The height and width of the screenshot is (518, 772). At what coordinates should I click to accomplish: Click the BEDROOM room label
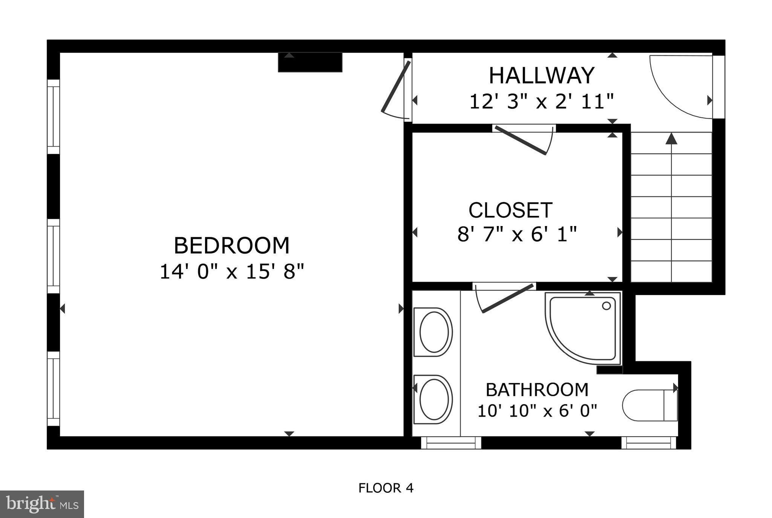pos(231,246)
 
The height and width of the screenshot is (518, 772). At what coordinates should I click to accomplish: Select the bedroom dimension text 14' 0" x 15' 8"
pos(231,272)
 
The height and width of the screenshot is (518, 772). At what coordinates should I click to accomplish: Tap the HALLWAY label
pos(541,75)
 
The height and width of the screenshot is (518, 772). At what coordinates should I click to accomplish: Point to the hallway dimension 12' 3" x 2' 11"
pos(541,102)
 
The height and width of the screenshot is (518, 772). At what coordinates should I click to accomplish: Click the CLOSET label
pos(510,210)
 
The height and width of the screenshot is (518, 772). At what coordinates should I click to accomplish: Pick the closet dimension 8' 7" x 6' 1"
pos(517,234)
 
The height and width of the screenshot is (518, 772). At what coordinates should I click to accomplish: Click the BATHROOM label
pos(537,390)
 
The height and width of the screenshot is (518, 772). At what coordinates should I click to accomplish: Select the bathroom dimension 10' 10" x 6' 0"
pos(537,411)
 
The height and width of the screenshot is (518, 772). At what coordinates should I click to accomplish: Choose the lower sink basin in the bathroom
pos(433,399)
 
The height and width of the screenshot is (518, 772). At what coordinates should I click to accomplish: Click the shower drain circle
pos(606,306)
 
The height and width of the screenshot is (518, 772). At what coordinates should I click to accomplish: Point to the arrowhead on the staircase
pos(671,139)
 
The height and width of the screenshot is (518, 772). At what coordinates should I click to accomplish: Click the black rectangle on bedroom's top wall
pos(310,62)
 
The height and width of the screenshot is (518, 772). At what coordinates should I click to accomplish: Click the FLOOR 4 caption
pos(386,488)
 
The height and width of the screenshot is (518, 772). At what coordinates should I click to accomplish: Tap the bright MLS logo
pos(42,504)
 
